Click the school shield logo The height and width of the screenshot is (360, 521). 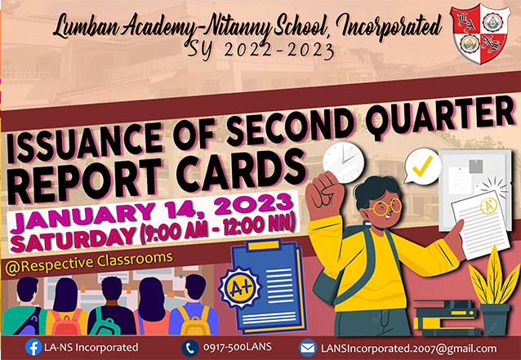480,33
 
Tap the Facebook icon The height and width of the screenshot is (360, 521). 33,348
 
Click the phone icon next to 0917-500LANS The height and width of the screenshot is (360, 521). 190,348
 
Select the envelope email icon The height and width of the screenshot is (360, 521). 307,348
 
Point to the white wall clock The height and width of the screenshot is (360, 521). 343,162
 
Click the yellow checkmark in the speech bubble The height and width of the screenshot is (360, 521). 422,166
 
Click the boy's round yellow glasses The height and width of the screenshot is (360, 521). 385,207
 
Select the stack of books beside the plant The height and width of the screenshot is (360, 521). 446,318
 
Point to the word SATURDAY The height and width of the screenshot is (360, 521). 73,238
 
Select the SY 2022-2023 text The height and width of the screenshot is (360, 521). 260,51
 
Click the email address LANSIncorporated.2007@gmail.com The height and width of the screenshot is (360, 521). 408,349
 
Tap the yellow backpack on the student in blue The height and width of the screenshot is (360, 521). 194,320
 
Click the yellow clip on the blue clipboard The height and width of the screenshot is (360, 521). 264,245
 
